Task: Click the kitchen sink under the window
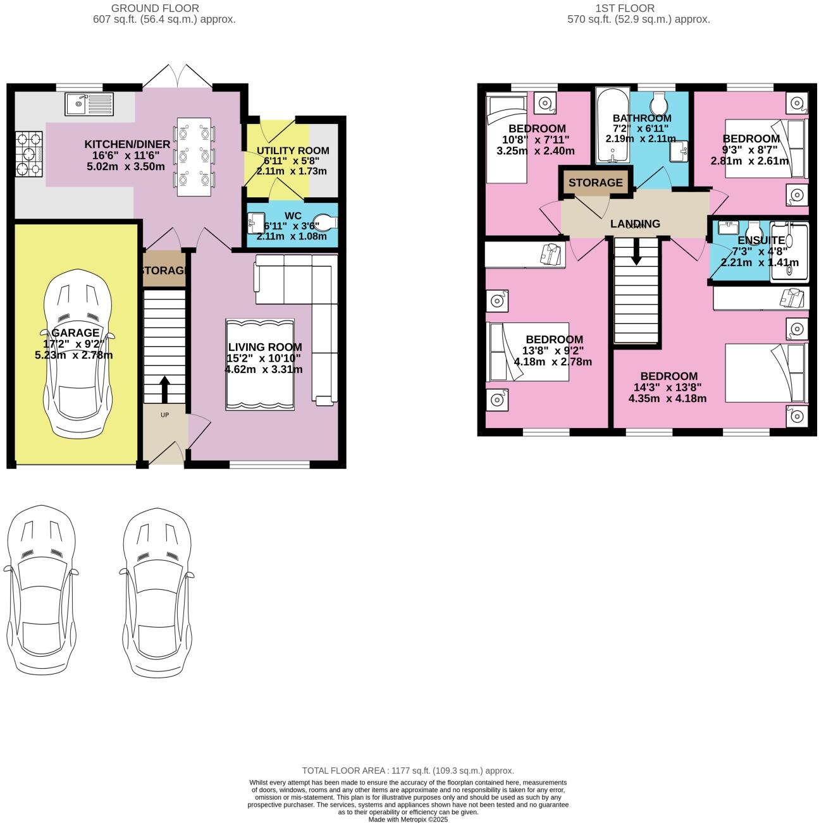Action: coord(90,104)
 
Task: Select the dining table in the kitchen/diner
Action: coord(194,155)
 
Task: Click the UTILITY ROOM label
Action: coord(292,150)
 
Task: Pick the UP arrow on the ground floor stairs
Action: coord(164,389)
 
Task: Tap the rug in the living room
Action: coord(260,365)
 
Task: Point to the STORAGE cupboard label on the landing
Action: coord(595,183)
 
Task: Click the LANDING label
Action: coord(635,224)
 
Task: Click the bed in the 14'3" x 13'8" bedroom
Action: coord(766,373)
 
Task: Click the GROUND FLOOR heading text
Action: coord(155,8)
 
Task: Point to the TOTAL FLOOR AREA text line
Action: coord(408,771)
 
